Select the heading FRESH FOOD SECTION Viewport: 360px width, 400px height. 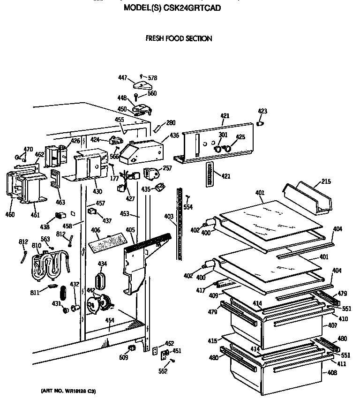tap(179, 38)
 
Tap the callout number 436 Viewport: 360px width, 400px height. tap(174, 136)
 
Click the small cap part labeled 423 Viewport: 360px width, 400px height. tap(261, 123)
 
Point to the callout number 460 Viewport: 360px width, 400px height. tap(10, 215)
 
